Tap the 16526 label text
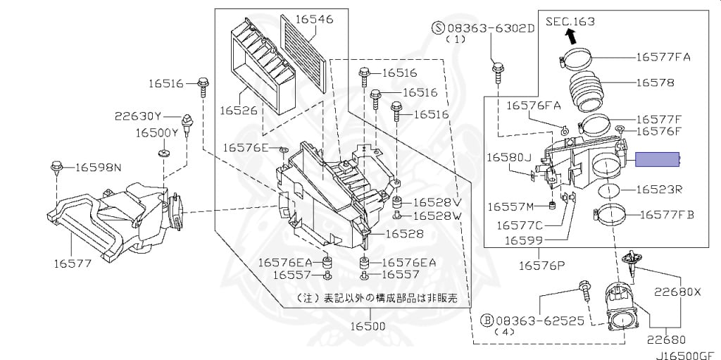238,111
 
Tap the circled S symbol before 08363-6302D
439,27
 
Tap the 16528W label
437,215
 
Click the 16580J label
508,157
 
